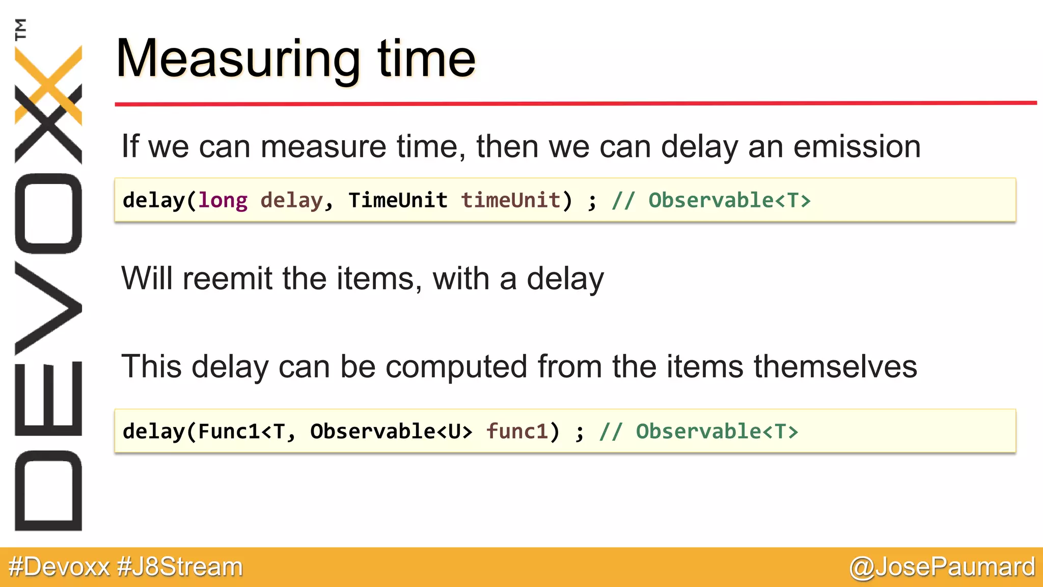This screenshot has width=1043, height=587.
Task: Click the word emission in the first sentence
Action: point(857,147)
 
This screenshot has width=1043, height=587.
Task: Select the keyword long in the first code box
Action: point(223,200)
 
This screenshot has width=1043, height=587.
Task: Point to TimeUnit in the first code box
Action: point(398,200)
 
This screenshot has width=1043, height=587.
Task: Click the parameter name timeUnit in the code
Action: point(511,200)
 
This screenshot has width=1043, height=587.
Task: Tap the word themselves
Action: point(835,366)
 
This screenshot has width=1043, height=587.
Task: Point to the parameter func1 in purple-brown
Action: point(517,432)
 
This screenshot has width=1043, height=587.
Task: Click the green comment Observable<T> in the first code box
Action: point(729,200)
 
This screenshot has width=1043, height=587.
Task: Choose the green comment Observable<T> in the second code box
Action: point(717,432)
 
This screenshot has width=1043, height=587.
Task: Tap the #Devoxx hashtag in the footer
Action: point(59,567)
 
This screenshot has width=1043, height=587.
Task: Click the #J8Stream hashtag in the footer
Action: point(180,567)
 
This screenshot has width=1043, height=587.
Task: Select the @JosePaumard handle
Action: point(942,567)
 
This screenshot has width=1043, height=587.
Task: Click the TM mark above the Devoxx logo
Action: point(20,29)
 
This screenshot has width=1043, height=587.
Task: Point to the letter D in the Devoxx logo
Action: point(48,491)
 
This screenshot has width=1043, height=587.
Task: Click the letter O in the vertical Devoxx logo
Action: point(48,214)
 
